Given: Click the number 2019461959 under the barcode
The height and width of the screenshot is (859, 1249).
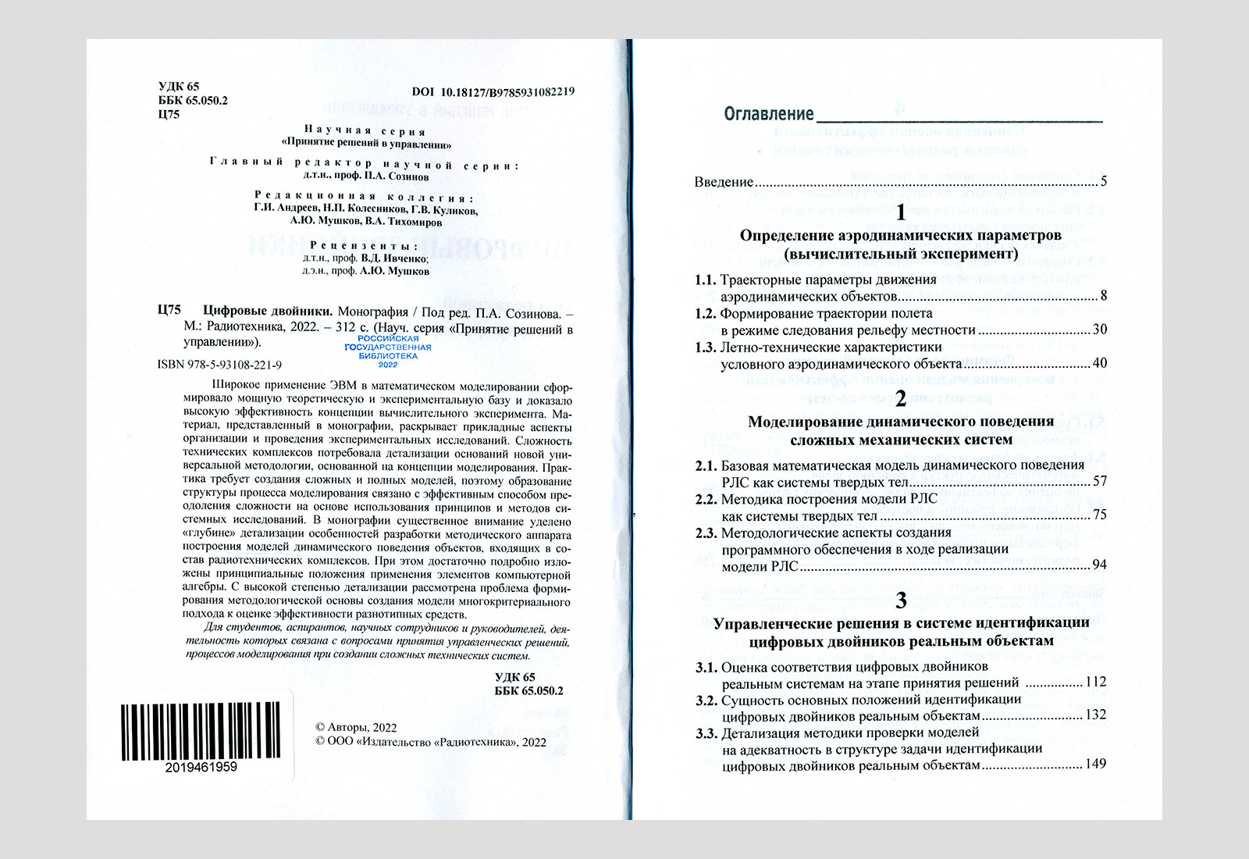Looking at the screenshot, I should pos(201,768).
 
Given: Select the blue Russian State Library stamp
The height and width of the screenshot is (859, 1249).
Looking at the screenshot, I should pos(388,351).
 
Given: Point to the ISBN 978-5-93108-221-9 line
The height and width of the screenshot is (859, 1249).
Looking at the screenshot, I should pos(219,365).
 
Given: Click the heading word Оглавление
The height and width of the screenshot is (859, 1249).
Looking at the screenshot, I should pos(768,115).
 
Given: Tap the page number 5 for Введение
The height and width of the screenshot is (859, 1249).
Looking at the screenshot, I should pos(1104,182).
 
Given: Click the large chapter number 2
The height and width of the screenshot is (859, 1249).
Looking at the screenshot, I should pos(901,398).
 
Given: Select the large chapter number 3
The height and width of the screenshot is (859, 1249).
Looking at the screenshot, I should pos(901,600).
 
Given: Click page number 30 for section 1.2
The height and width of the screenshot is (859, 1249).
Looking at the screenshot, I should pos(1099,330).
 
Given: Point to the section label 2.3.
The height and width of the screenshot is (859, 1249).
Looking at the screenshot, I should pos(706,533).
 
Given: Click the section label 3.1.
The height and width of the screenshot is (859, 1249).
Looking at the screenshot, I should pos(706,668).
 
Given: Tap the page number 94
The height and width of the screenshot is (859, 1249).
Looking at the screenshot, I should pos(1099,565).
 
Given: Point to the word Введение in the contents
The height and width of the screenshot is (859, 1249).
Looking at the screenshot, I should pos(724,183).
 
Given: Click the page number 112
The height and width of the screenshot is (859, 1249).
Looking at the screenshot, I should pos(1095,683).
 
